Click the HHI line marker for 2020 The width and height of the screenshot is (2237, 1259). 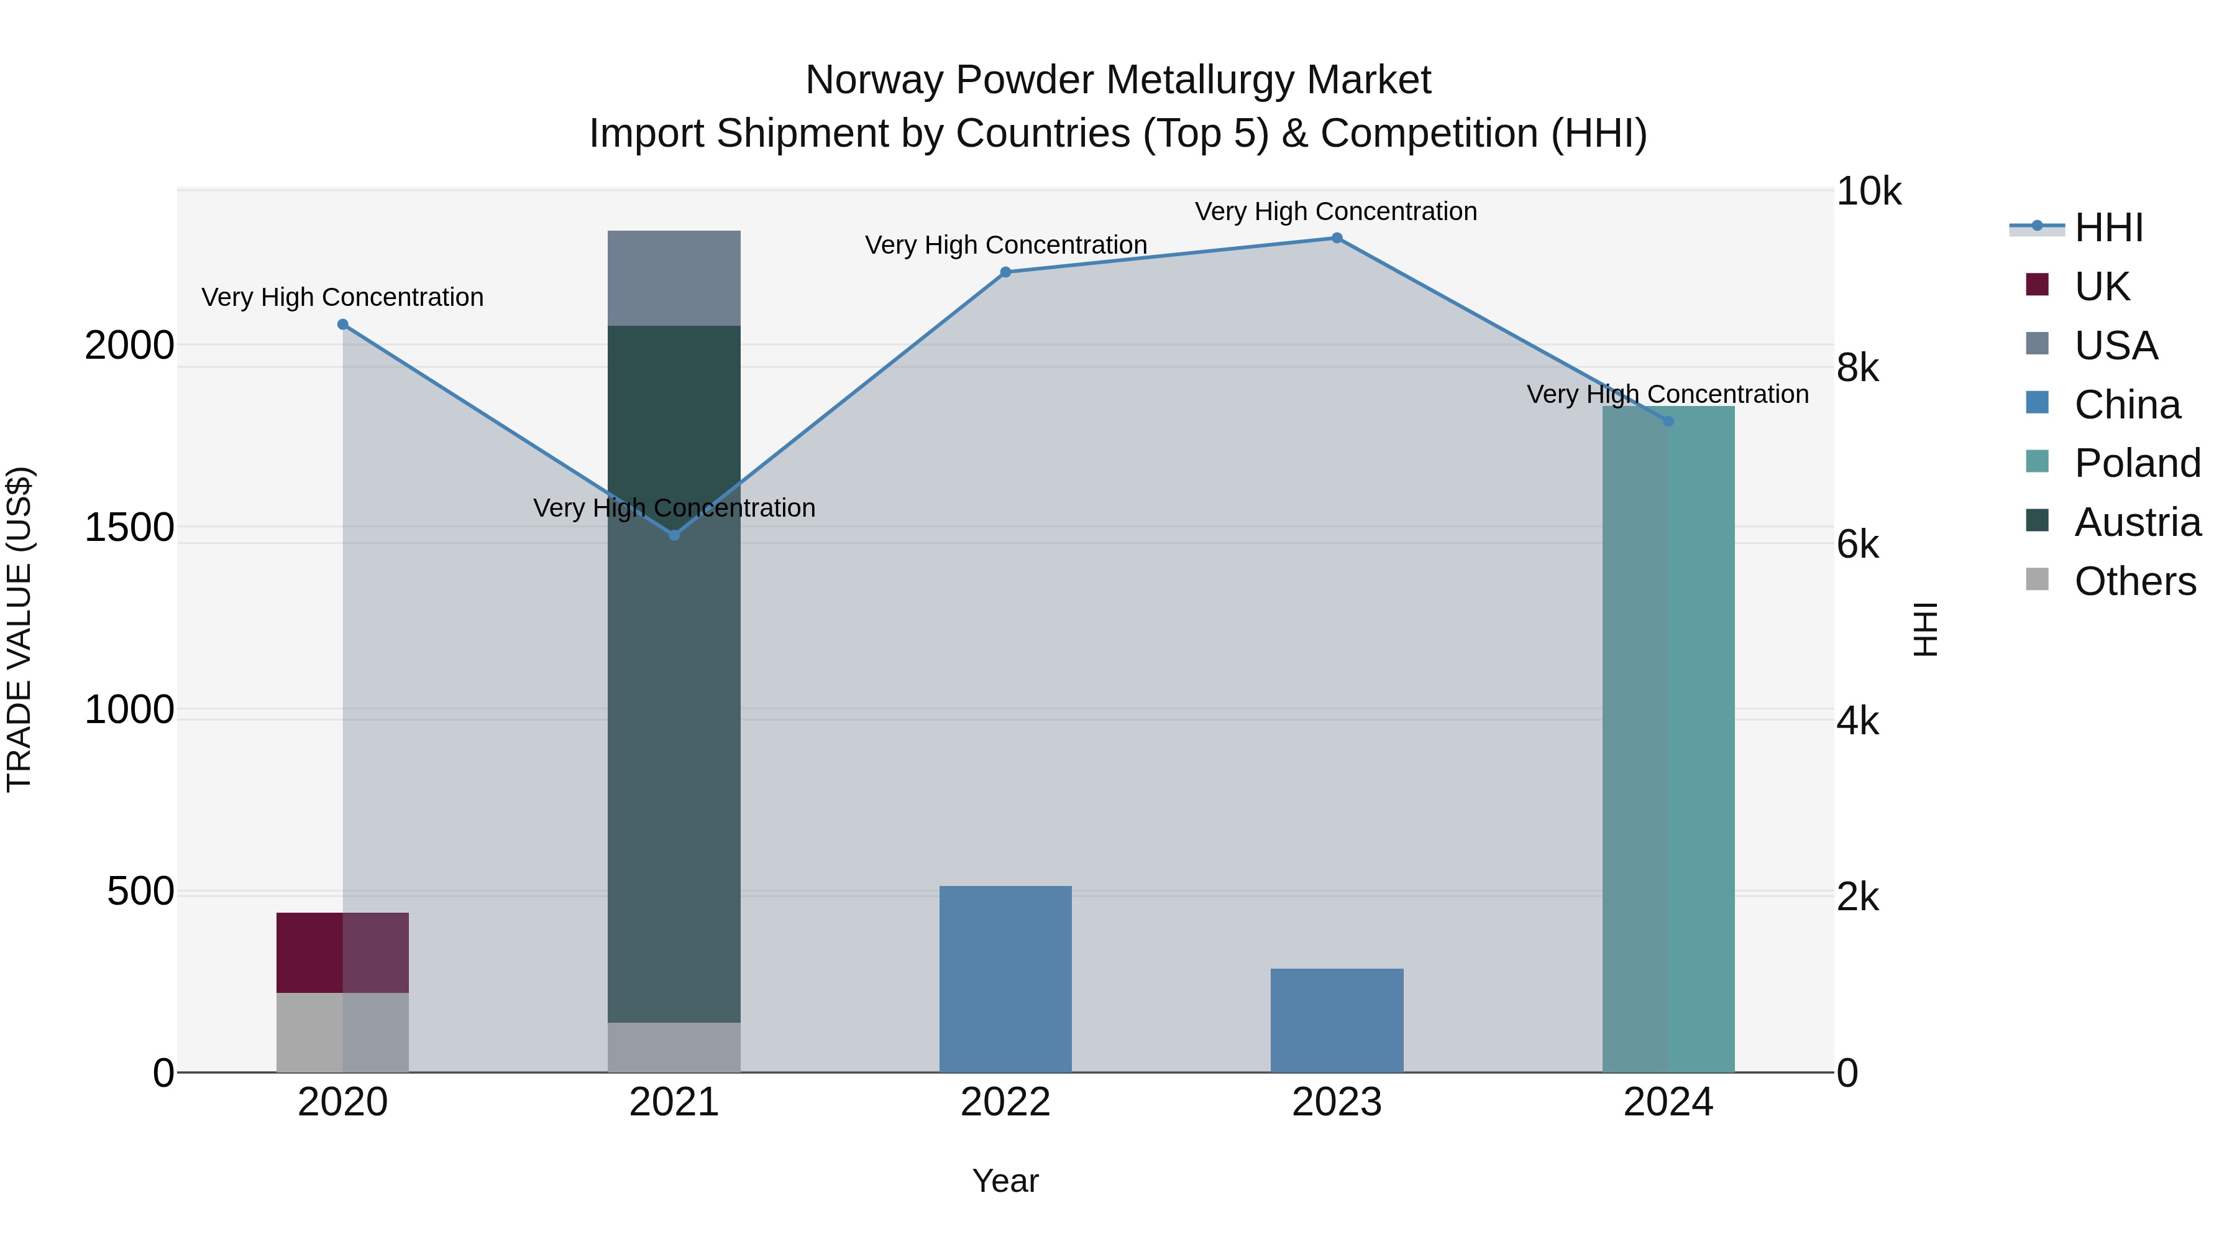(342, 325)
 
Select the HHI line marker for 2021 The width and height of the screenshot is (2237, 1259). (674, 535)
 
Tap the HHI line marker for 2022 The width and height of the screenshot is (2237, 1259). (1005, 272)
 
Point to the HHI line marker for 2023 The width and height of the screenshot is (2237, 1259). (1337, 238)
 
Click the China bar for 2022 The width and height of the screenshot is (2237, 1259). (1005, 979)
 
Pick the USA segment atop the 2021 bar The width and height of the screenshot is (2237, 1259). (674, 278)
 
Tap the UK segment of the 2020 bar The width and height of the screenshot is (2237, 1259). (342, 952)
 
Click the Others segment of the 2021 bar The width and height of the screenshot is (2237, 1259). (674, 1047)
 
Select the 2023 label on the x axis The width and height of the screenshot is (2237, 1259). (1337, 1102)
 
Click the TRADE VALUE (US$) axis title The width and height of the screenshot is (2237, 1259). (20, 629)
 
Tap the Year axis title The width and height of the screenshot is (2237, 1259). (1005, 1181)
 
